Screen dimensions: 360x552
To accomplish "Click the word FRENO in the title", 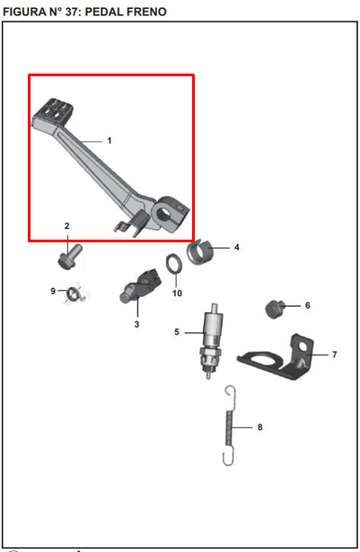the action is [x=146, y=12].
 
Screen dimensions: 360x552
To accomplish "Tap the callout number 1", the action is [x=110, y=140].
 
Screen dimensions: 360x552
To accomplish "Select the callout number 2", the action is [x=67, y=226].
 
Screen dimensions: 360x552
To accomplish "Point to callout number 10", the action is [x=177, y=293].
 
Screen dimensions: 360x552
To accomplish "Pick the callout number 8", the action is [x=260, y=427].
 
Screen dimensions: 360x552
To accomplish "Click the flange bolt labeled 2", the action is [x=70, y=258].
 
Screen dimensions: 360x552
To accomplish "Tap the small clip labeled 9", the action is [x=75, y=294].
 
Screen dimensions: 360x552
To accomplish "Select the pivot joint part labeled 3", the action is [x=140, y=285].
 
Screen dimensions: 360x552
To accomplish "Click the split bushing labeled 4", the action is [x=200, y=251].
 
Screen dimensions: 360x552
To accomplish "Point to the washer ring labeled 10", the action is [x=174, y=263].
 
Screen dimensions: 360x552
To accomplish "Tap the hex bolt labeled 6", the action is [x=275, y=310].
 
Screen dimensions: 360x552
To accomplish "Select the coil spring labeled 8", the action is [x=229, y=426].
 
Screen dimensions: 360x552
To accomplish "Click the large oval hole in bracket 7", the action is [x=263, y=360].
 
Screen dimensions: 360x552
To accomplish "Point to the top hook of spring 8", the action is [x=231, y=393].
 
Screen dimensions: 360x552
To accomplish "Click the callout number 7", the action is [x=334, y=355].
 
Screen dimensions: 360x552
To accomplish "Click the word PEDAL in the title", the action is [x=104, y=12].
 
